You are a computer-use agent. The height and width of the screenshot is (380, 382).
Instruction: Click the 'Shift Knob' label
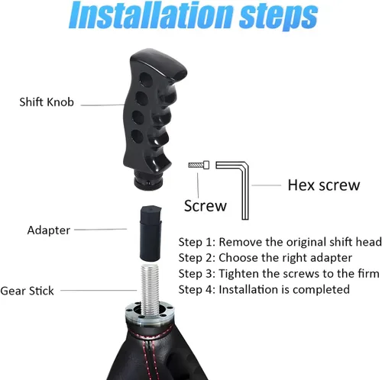pos(47,102)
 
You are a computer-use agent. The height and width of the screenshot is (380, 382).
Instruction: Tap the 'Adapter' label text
pos(48,230)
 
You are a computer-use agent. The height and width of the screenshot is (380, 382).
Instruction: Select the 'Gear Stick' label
pos(27,291)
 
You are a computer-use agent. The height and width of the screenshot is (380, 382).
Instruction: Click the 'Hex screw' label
pos(324,185)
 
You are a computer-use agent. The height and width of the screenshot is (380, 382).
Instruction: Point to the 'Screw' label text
pos(206,206)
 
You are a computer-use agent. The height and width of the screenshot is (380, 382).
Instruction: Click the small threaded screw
pos(199,165)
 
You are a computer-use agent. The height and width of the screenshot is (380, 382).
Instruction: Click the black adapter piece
pos(151,233)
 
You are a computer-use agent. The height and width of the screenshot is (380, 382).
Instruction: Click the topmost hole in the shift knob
pos(146,79)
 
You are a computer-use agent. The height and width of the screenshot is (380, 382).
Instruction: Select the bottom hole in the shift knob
pos(138,137)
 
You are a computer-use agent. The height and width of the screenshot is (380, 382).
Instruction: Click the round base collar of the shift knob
pos(148,180)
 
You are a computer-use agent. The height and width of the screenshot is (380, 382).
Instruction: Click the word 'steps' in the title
pos(278,17)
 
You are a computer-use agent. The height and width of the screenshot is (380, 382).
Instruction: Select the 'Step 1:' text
pos(197,242)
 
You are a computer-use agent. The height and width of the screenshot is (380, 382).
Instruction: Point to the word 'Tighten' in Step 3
pos(239,274)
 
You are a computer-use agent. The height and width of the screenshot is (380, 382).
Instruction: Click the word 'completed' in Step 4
pos(322,290)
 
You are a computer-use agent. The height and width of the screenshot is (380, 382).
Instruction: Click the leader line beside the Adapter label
pos(100,230)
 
